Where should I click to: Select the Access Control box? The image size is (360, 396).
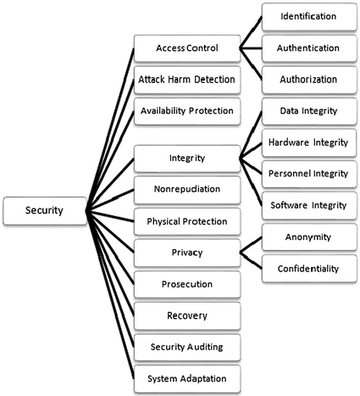click(187, 47)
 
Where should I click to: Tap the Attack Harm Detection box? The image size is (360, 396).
click(187, 79)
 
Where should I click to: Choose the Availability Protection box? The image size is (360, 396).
click(187, 110)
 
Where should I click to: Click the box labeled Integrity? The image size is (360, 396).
click(187, 158)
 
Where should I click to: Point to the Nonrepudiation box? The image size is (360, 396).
click(187, 189)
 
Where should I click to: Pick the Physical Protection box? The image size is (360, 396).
click(187, 220)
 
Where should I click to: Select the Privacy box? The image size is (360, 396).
click(187, 252)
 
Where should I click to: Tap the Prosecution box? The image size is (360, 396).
click(187, 283)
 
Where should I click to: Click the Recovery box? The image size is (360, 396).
click(187, 315)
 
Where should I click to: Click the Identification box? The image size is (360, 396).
click(308, 16)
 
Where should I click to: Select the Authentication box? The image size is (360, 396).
click(308, 47)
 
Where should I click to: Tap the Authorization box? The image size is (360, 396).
click(308, 79)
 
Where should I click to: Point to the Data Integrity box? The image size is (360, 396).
click(308, 110)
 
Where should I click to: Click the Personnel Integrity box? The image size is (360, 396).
click(308, 173)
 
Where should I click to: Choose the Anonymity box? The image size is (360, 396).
click(308, 238)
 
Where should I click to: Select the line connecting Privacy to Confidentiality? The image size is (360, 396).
click(250, 260)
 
